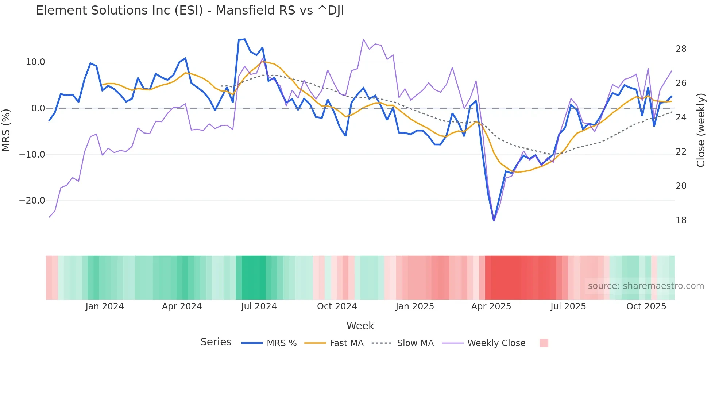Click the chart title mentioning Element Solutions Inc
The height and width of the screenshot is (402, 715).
[190, 11]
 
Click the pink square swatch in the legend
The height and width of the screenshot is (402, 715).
[544, 343]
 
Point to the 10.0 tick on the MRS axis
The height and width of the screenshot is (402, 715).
[35, 62]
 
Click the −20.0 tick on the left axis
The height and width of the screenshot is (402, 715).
[32, 201]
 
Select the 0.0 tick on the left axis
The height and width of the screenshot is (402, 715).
[38, 108]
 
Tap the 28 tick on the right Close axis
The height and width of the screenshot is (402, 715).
[681, 49]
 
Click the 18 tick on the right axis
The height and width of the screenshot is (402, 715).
[681, 220]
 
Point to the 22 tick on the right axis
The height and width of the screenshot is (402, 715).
[681, 152]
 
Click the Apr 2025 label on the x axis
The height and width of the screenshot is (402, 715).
[491, 306]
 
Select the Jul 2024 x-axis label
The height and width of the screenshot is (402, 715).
[259, 306]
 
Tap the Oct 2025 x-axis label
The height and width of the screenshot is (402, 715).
[646, 306]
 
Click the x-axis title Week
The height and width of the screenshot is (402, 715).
[360, 326]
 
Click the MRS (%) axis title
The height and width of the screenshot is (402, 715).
[6, 130]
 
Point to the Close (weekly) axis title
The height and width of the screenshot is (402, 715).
[701, 130]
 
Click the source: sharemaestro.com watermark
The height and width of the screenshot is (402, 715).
[646, 286]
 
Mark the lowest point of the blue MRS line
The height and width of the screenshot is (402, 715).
[494, 220]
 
